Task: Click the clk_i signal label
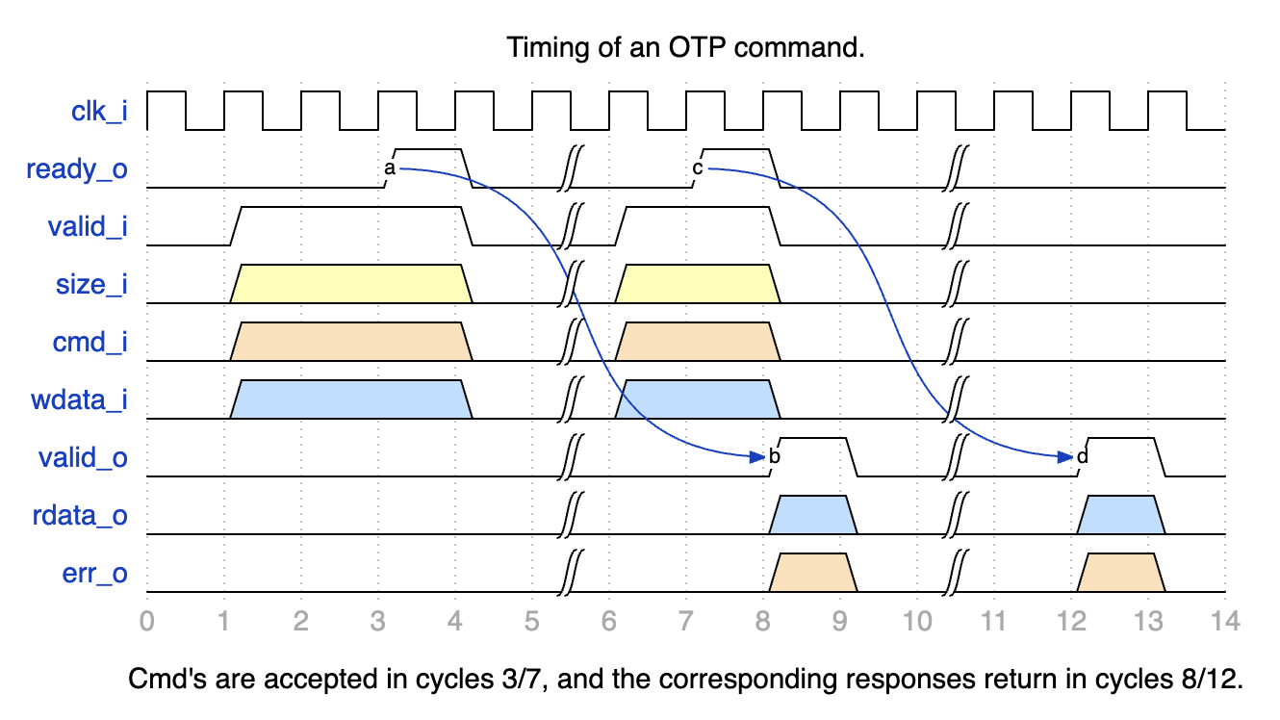99,112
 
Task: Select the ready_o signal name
77,170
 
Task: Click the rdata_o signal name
80,517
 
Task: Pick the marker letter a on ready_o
389,168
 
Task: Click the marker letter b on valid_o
774,456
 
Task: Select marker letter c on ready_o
697,168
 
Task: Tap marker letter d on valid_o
1082,456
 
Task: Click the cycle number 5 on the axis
532,622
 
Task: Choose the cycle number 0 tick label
147,622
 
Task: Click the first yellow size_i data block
351,284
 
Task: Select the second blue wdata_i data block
698,399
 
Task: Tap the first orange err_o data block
813,573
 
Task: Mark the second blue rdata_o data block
1121,515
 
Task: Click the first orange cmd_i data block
351,342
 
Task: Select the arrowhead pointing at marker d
1066,457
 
